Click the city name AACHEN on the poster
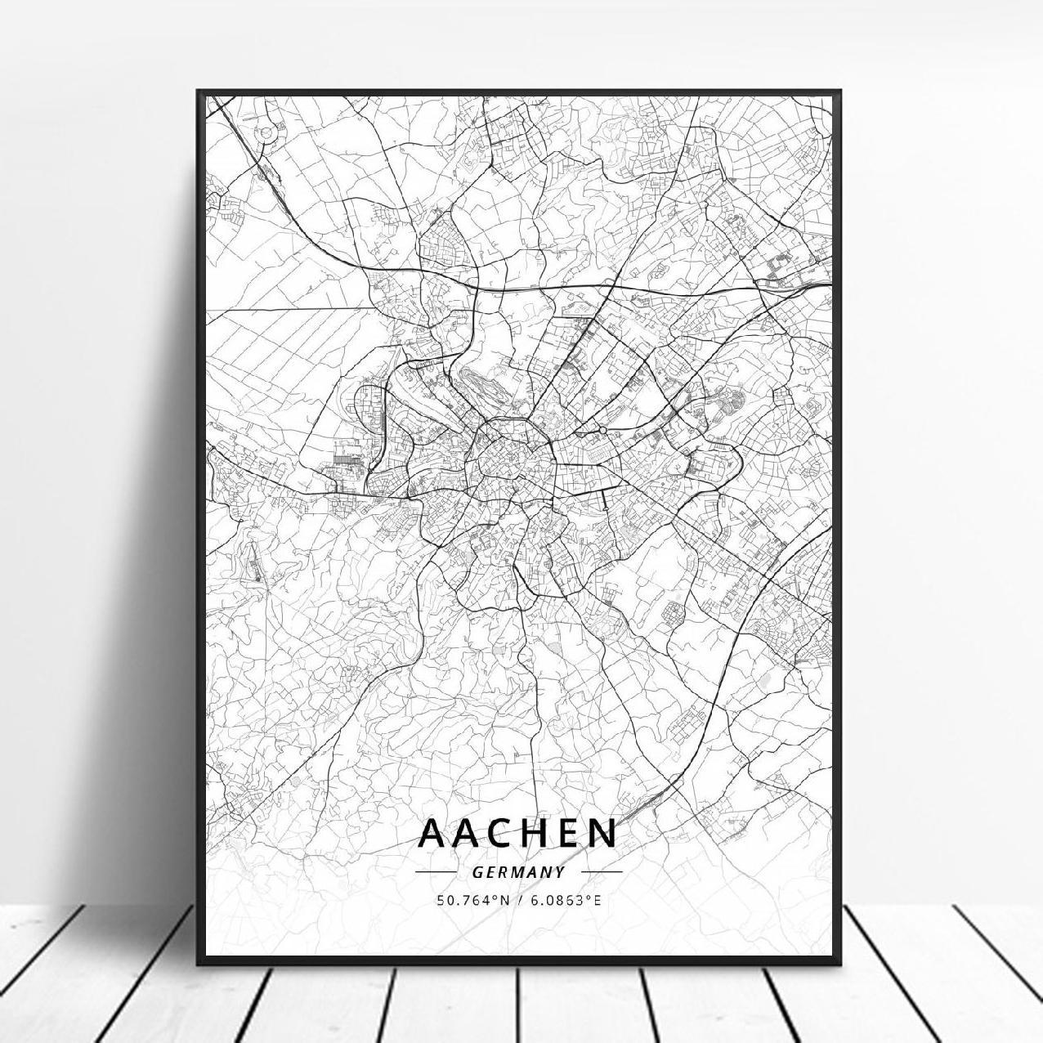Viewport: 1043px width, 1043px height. [518, 833]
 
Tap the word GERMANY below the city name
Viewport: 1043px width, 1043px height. [518, 872]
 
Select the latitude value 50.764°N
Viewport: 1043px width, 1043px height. [472, 900]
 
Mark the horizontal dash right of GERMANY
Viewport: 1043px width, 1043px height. [601, 872]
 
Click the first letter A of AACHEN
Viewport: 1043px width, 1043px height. [432, 833]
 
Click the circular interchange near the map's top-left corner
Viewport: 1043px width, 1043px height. [266, 131]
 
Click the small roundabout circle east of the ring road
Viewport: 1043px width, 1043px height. [602, 429]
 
